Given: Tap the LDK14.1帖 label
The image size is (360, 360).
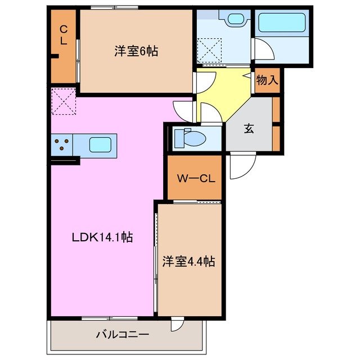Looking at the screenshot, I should coord(102,237).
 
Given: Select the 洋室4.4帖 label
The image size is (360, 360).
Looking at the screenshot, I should coord(189,261).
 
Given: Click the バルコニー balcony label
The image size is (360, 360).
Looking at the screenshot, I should coord(122,335).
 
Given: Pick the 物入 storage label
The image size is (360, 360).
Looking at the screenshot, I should coord(267,80).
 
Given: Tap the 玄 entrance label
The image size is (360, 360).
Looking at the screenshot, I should coord(249,128).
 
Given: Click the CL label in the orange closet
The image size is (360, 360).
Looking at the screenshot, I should coord(64,35).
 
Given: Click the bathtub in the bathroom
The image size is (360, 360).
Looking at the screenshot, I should coord(281,24).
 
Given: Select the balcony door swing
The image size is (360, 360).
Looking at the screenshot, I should coord(178,325).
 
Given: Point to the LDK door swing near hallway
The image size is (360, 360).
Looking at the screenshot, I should coord(184,107).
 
